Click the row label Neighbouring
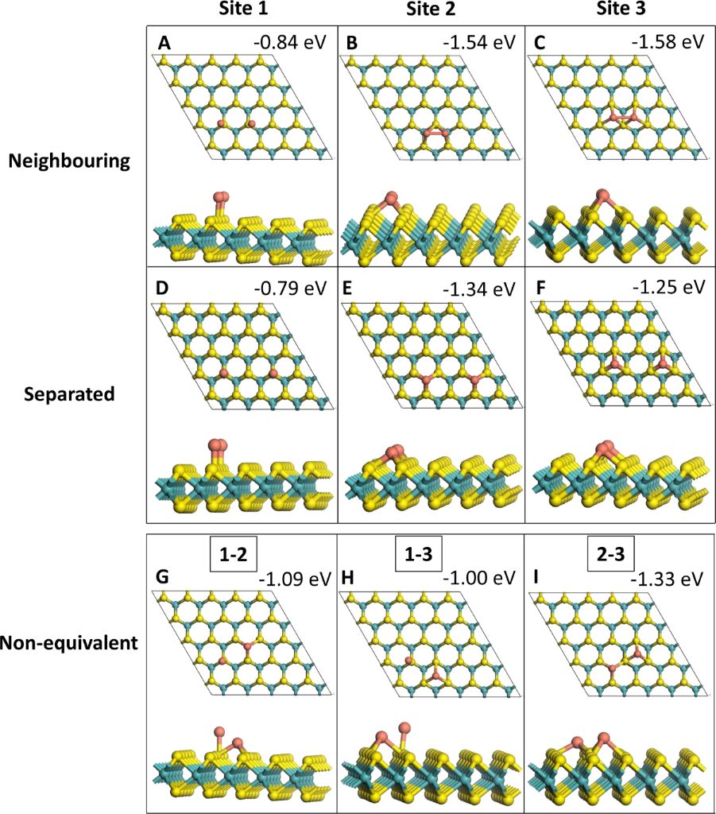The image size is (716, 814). click(68, 161)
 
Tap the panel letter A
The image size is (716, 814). click(164, 44)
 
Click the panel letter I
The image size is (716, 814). click(538, 580)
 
